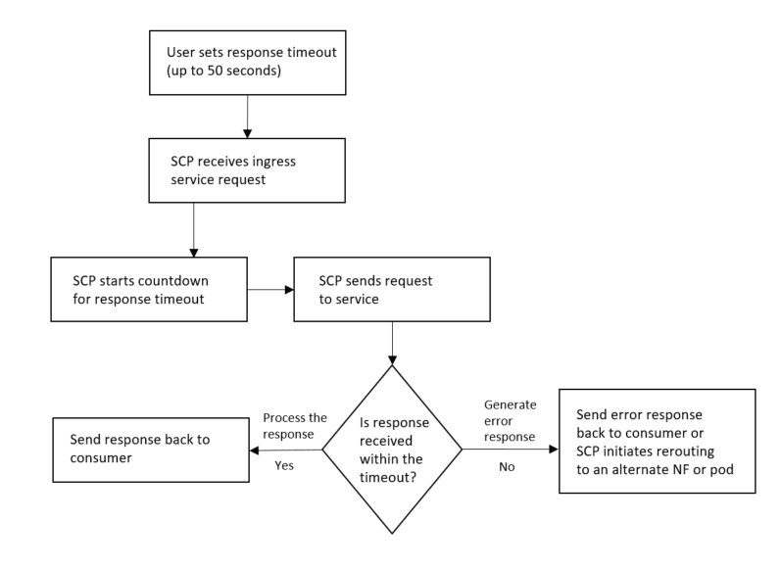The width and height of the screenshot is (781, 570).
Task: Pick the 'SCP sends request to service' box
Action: coord(392,290)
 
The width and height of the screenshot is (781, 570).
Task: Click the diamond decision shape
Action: coord(392,450)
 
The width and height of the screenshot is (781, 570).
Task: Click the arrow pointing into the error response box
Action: coord(510,450)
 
